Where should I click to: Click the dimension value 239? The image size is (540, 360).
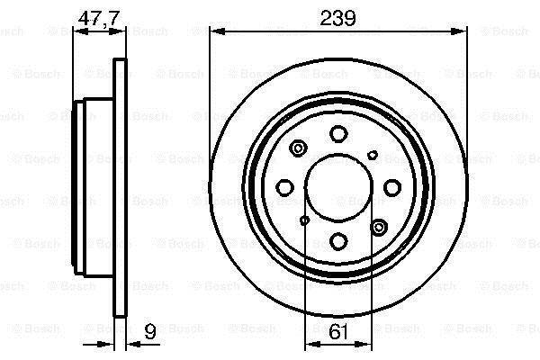click(x=337, y=18)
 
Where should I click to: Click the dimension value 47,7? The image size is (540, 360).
click(x=99, y=18)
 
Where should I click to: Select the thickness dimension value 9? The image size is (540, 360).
click(x=149, y=331)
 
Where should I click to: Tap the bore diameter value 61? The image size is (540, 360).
click(x=337, y=331)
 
